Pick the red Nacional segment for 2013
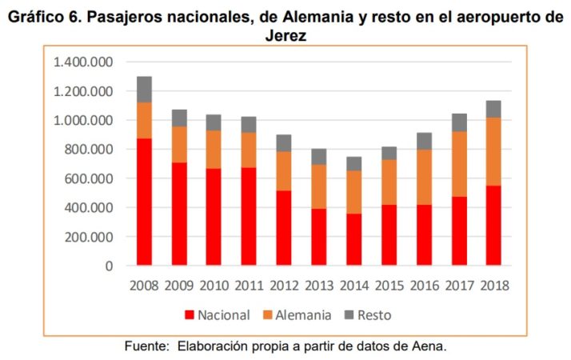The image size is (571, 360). [319, 237]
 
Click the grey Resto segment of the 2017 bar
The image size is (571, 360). [459, 122]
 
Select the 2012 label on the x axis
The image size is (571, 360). [283, 286]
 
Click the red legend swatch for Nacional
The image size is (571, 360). [190, 315]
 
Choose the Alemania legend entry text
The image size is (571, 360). [303, 315]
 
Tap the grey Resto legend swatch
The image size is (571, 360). [349, 315]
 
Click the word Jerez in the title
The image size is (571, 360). [285, 36]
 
